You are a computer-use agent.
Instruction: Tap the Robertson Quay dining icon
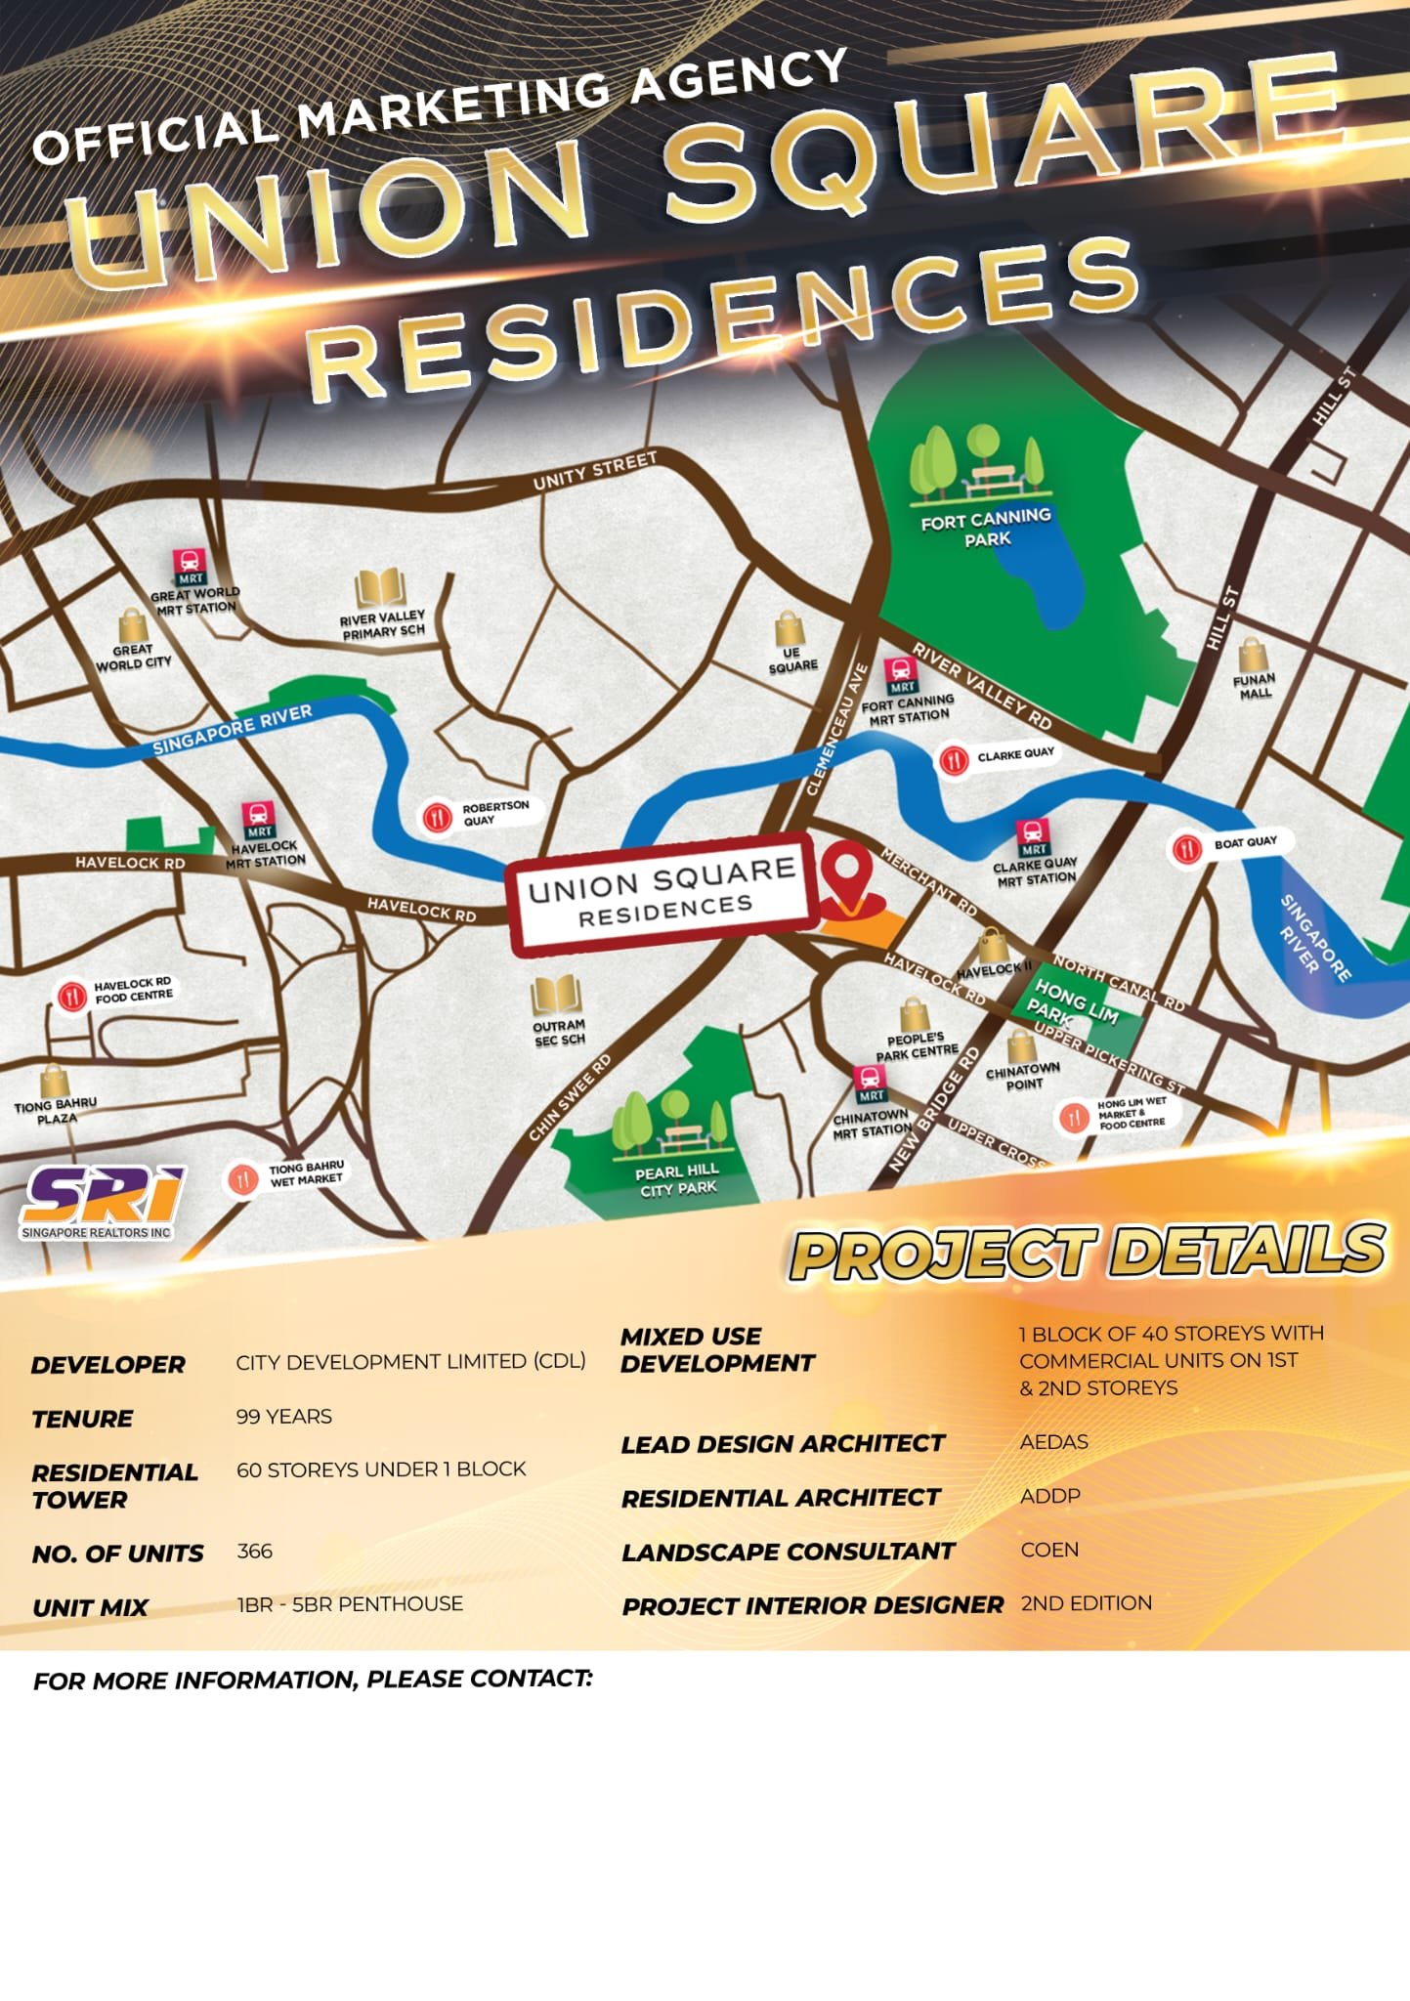point(438,816)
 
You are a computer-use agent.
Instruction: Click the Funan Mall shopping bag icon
point(1253,655)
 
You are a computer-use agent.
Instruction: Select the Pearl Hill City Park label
point(678,1179)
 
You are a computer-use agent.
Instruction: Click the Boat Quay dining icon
point(1187,848)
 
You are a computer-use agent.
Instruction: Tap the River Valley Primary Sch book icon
point(380,589)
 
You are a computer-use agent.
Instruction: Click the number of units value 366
point(254,1552)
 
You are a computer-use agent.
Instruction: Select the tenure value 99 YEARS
point(283,1417)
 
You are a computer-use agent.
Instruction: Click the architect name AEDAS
point(1053,1442)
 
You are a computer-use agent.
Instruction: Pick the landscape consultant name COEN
point(1049,1550)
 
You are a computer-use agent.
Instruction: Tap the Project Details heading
point(1088,1254)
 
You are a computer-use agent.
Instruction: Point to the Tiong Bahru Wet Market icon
point(241,1179)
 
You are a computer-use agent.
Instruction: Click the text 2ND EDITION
point(1087,1603)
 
